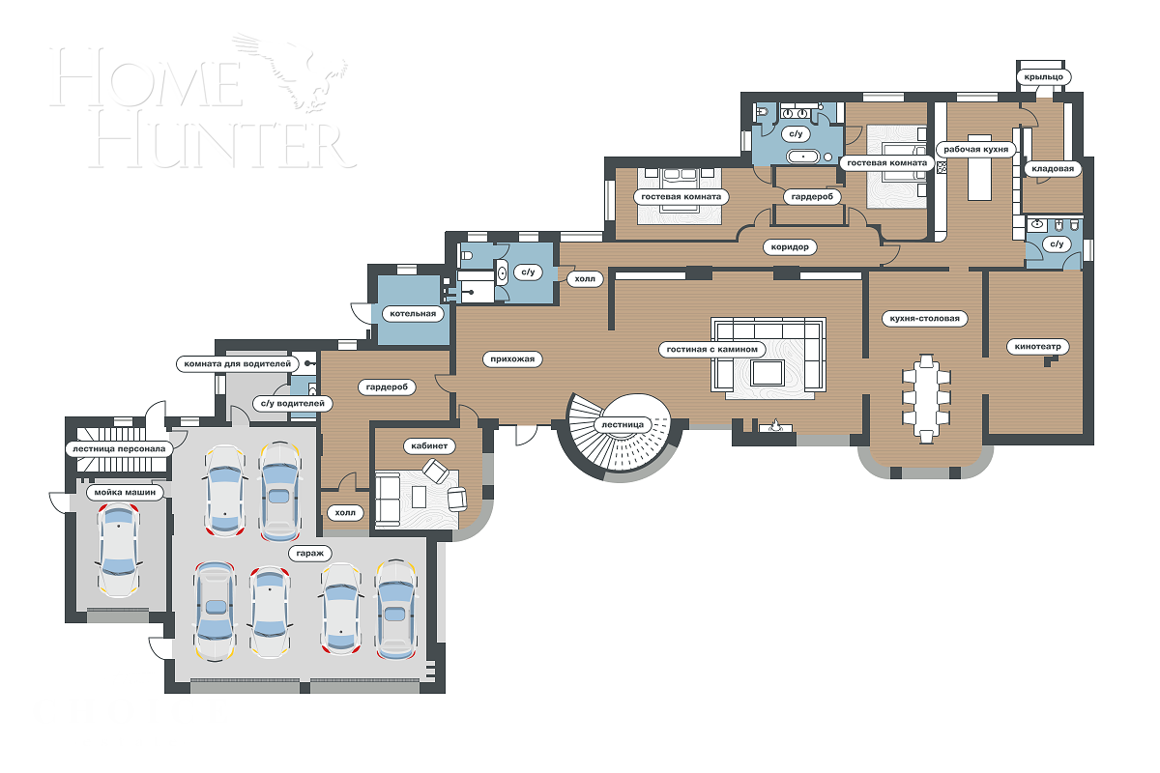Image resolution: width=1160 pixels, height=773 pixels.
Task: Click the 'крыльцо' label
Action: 1040,75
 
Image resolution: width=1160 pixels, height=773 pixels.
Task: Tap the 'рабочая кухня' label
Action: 976,150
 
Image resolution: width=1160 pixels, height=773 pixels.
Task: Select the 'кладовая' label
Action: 1052,168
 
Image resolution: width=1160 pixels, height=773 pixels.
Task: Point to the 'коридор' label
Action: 791,246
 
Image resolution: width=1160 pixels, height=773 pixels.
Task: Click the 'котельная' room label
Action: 413,313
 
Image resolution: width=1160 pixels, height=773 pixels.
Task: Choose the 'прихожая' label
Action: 511,358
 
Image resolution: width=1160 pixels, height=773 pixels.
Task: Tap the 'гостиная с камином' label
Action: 713,349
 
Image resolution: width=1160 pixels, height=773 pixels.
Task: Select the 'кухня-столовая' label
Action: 925,318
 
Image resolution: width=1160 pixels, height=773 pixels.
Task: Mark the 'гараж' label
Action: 309,554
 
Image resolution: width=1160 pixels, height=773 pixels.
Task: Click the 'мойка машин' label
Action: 123,492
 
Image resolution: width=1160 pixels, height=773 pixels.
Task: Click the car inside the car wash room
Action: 118,550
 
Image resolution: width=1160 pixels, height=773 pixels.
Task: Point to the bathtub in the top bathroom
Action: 803,157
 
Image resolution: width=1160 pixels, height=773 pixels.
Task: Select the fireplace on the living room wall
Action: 776,426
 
